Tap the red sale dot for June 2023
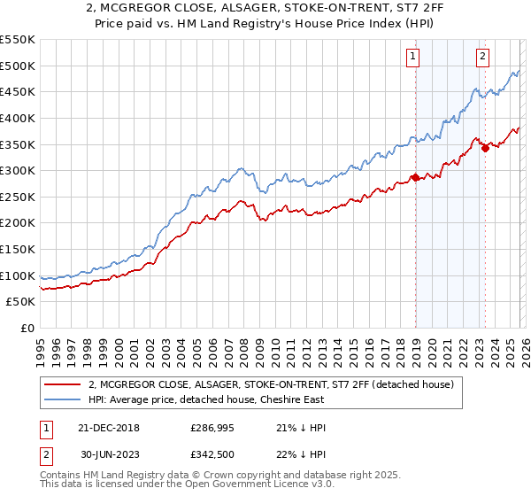point(485,148)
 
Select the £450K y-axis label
point(18,92)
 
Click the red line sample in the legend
point(63,384)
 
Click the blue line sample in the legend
point(63,399)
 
